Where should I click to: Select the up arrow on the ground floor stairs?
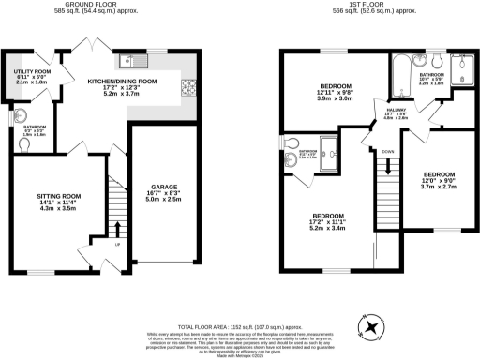click(116, 230)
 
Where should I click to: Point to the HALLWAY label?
click(368, 113)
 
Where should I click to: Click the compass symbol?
click(373, 327)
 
